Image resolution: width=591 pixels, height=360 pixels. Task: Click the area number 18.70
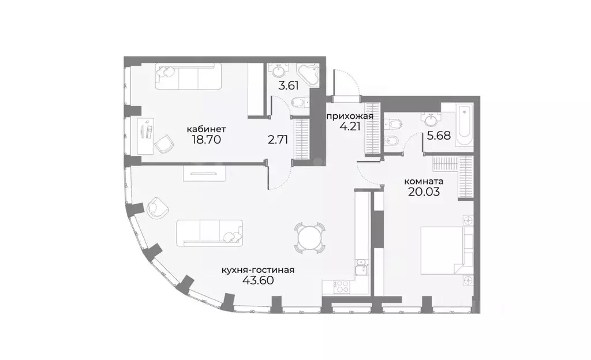[x=206, y=140]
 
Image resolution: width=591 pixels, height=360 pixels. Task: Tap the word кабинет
[x=206, y=129]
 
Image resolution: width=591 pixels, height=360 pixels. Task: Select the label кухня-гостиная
[x=258, y=270]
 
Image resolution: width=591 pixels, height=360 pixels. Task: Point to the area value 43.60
[x=259, y=280]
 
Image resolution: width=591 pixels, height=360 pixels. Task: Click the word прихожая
[x=350, y=116]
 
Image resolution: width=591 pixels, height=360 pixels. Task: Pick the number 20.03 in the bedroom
[x=424, y=192]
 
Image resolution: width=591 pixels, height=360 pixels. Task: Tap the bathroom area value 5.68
[x=439, y=136]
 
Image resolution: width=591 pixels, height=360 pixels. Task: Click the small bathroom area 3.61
[x=289, y=85]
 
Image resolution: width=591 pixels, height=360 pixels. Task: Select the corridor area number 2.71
[x=278, y=140]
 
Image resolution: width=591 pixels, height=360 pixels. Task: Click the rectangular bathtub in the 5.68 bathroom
[x=464, y=126]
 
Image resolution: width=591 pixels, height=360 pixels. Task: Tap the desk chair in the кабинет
[x=164, y=144]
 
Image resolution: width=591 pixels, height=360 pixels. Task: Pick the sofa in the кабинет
[x=188, y=77]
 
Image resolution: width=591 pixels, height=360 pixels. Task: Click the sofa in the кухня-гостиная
[x=210, y=234]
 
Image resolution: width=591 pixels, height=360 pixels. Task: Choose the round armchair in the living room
[x=158, y=208]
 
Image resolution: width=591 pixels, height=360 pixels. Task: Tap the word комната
[x=424, y=181]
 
